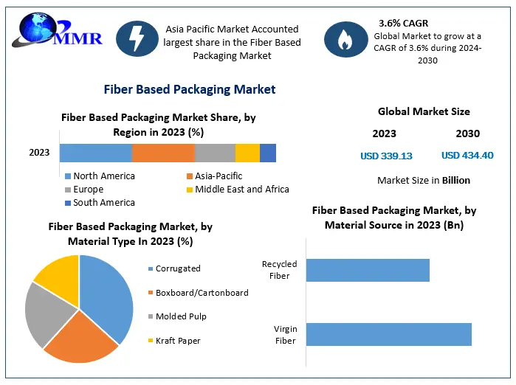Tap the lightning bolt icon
pyautogui.click(x=137, y=40)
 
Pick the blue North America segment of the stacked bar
pyautogui.click(x=96, y=153)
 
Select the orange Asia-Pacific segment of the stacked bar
pyautogui.click(x=163, y=153)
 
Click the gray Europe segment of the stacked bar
pyautogui.click(x=215, y=153)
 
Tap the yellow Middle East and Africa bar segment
pyautogui.click(x=247, y=153)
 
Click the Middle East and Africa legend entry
pyautogui.click(x=237, y=190)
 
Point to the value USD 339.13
pyautogui.click(x=386, y=156)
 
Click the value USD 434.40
pyautogui.click(x=467, y=156)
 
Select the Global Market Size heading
pyautogui.click(x=424, y=112)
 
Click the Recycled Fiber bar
pyautogui.click(x=368, y=270)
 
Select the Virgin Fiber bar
pyautogui.click(x=388, y=334)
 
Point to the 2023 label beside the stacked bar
pyautogui.click(x=39, y=153)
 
